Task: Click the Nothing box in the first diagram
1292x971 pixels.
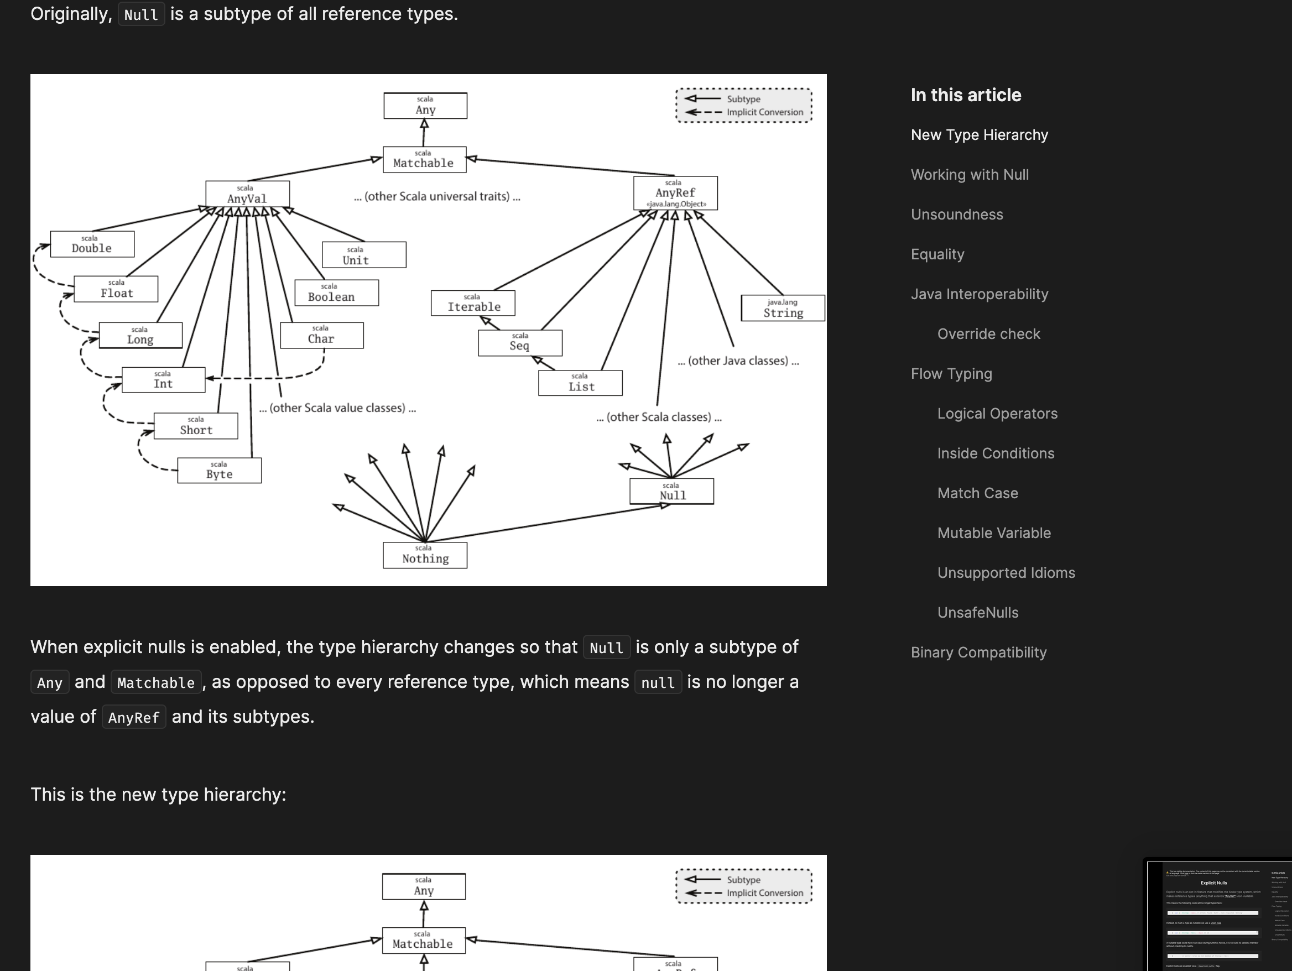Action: click(425, 555)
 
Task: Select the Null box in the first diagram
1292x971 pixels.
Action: click(671, 492)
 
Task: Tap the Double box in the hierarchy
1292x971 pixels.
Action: click(92, 244)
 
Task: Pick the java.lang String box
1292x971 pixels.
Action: click(783, 309)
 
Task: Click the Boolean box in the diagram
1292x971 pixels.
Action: click(336, 293)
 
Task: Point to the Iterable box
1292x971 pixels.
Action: click(473, 303)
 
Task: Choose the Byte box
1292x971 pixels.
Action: click(219, 471)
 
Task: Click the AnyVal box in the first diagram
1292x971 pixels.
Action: click(247, 194)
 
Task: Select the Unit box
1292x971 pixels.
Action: click(364, 255)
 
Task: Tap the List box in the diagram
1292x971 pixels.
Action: click(580, 383)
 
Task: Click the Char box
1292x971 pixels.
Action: click(321, 336)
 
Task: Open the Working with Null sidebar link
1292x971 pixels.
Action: click(970, 175)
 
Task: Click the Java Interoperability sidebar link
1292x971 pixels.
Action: click(979, 294)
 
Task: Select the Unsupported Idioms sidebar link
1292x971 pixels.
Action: click(1006, 573)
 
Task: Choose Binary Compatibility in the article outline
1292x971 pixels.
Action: click(978, 652)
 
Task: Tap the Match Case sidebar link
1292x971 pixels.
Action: click(977, 493)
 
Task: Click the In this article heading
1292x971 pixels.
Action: click(966, 95)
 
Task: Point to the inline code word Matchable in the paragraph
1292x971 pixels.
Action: click(156, 682)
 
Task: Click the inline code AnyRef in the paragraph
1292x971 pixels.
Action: click(134, 718)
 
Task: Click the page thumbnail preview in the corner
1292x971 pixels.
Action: click(1218, 916)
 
